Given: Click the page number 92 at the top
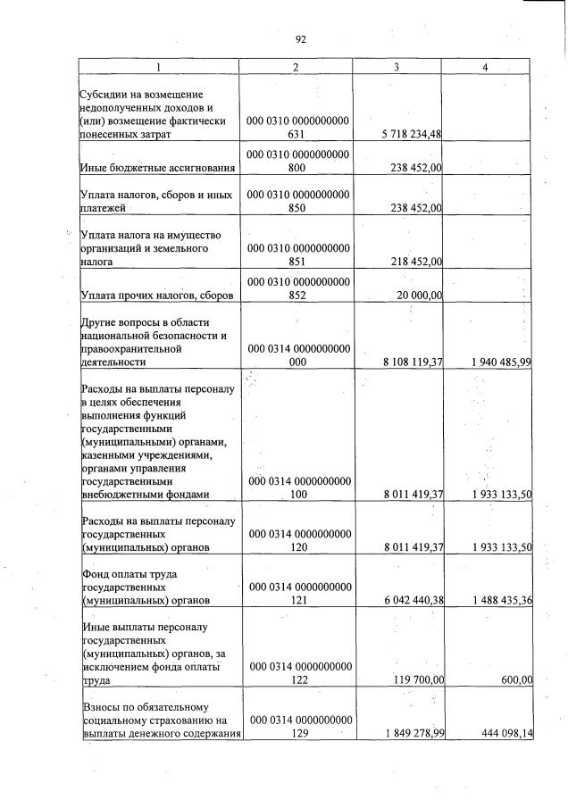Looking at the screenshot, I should click(301, 39).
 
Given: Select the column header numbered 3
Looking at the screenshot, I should click(397, 68).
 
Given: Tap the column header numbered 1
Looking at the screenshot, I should click(158, 68).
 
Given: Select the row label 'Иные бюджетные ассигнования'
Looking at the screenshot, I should click(157, 167).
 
